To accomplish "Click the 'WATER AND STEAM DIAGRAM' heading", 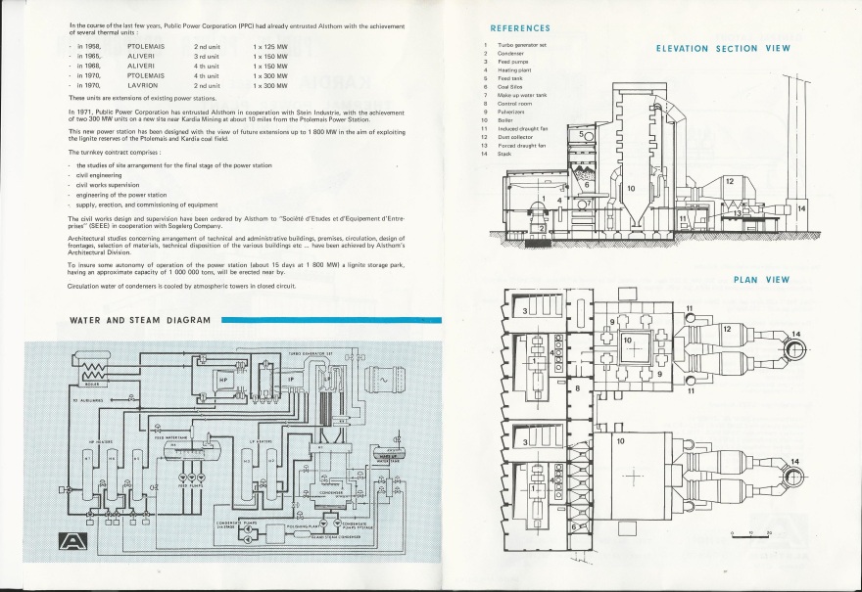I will click(x=140, y=320).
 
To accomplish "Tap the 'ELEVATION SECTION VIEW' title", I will click(x=723, y=48).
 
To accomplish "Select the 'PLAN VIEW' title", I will click(x=761, y=280).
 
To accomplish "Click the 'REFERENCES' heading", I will click(x=520, y=28).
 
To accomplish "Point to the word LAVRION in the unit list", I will click(x=143, y=85).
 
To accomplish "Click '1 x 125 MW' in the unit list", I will click(x=269, y=46).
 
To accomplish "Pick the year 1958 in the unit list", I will click(x=89, y=46).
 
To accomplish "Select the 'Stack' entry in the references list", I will click(x=504, y=154).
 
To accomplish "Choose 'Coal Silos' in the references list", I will click(x=508, y=86).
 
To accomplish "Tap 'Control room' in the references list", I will click(x=513, y=103).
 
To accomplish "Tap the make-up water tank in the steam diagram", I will click(x=388, y=454).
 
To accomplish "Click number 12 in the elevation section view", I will click(x=729, y=182).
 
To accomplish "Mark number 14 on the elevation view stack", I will click(x=801, y=208).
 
